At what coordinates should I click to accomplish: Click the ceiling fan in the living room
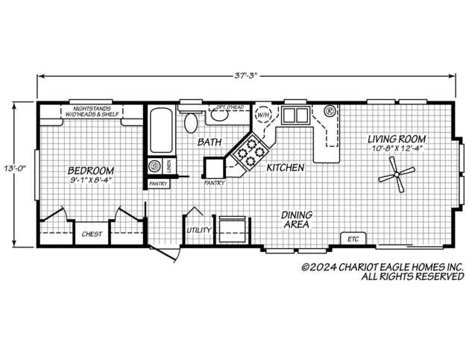395,178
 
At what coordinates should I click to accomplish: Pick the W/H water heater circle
263,116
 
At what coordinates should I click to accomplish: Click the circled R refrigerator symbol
329,113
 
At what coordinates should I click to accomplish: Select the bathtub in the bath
160,130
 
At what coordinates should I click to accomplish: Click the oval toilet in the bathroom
192,121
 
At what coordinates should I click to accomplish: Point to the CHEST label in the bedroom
93,233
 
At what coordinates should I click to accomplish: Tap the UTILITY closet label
198,230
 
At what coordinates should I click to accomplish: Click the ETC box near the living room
354,239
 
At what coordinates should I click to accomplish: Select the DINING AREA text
297,219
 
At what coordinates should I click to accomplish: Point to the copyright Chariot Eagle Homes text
382,267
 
